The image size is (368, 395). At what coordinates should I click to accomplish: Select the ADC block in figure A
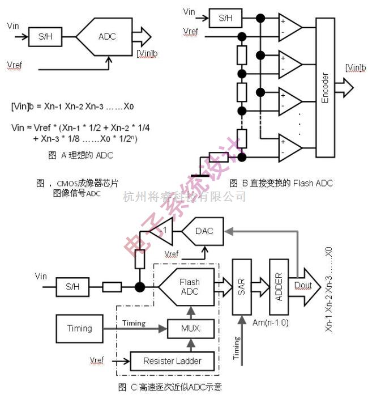coord(106,37)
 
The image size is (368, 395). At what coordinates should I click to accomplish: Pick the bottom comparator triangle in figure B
coord(289,148)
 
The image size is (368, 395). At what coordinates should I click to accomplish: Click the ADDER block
coord(278,286)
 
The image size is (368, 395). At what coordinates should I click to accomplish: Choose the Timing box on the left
coord(79,328)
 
